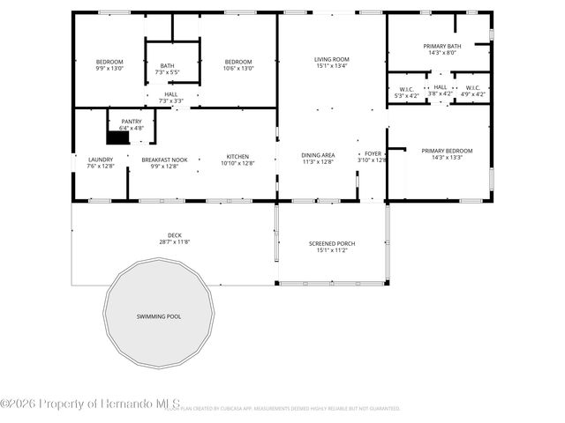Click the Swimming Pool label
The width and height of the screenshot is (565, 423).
click(x=159, y=315)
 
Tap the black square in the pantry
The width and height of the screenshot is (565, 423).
click(x=117, y=137)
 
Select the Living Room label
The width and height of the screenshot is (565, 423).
click(x=331, y=60)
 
